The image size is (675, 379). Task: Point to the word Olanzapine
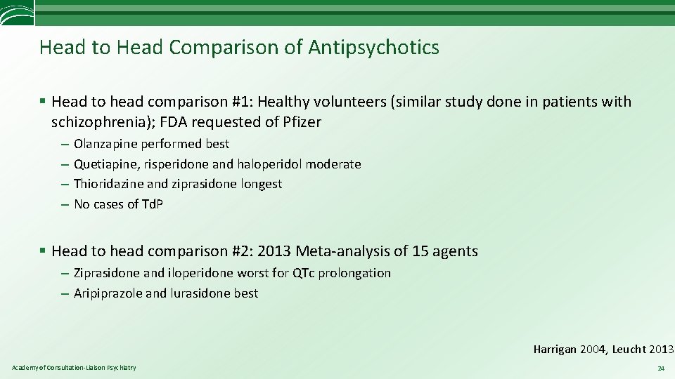click(106, 144)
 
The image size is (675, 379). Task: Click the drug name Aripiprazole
click(108, 293)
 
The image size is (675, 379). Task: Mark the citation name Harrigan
click(555, 349)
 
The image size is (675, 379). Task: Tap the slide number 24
click(660, 368)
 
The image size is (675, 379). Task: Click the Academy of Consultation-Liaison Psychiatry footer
click(74, 368)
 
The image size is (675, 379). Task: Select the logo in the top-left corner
click(16, 13)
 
